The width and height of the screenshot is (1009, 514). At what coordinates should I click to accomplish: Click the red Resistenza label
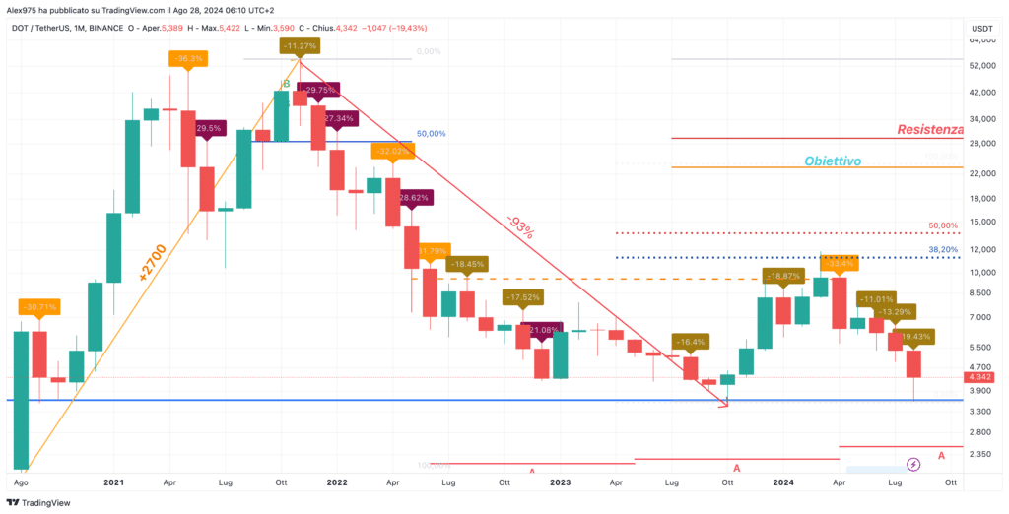[929, 129]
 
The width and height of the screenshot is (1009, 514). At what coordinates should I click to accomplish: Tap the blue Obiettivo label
[833, 161]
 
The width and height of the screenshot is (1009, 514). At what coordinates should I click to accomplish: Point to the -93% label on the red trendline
[520, 227]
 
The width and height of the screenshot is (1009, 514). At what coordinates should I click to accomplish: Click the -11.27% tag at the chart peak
[298, 45]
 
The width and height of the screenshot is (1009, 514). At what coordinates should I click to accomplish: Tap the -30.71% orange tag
[39, 307]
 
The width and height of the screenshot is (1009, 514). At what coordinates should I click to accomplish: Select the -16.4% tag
[691, 342]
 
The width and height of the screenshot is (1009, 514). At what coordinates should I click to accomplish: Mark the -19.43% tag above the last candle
[913, 337]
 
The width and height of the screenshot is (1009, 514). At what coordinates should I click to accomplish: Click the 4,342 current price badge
[979, 377]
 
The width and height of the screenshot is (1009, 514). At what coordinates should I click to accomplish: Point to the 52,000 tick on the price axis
[979, 65]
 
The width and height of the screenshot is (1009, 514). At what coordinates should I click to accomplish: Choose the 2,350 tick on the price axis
[979, 454]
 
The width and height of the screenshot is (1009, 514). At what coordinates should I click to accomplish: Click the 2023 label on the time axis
[560, 482]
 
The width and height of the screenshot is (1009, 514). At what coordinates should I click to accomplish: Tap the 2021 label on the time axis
[113, 482]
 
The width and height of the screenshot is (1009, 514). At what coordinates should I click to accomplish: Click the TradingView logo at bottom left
[46, 500]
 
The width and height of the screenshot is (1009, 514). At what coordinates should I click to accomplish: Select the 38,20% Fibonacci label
[943, 251]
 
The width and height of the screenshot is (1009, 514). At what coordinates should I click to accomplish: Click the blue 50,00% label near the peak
[432, 134]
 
